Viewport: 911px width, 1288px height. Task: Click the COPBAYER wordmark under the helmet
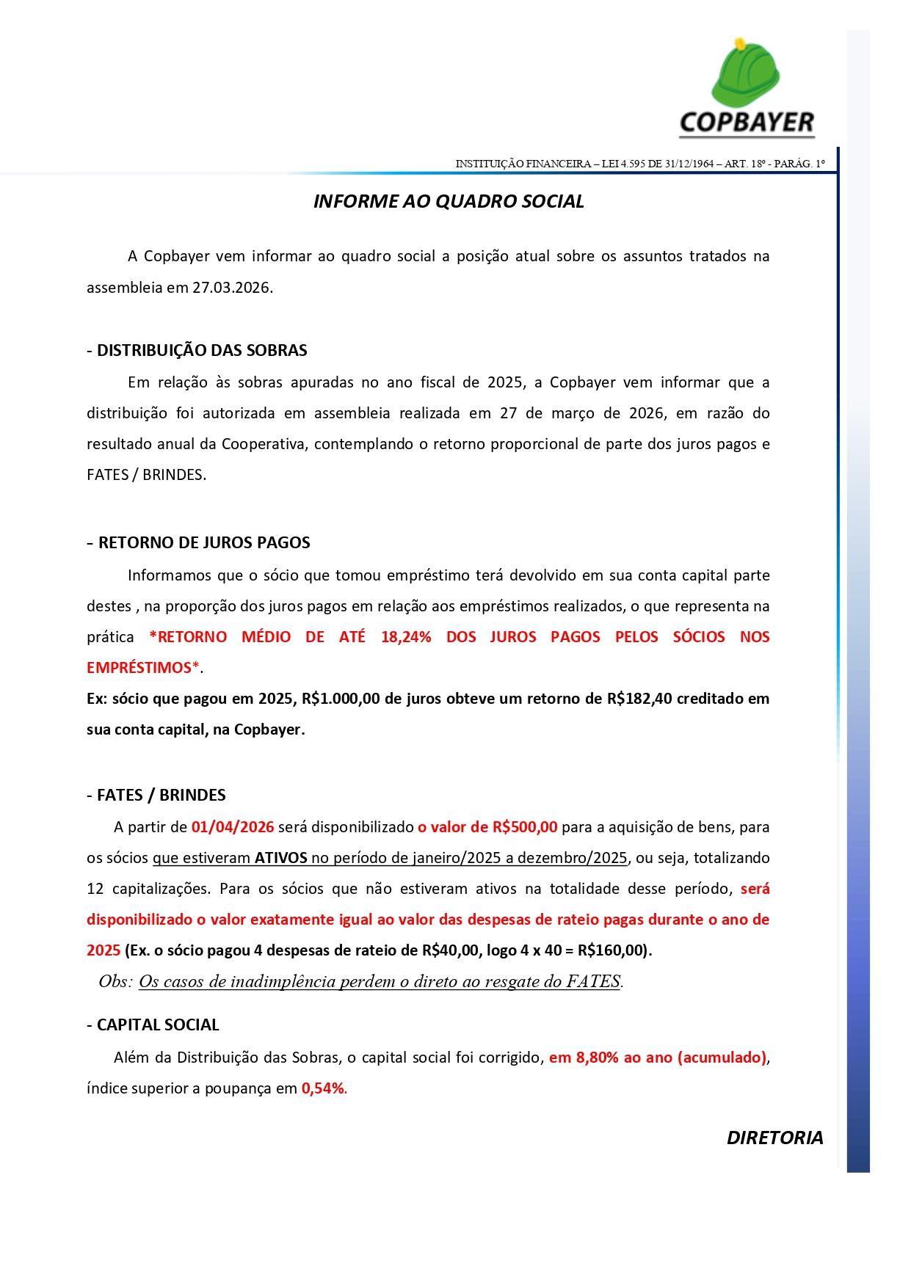click(x=746, y=123)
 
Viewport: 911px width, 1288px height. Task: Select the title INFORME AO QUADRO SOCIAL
click(x=449, y=202)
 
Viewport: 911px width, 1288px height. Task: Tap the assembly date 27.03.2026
click(x=232, y=288)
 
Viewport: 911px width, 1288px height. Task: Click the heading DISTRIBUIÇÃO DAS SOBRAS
click(x=202, y=350)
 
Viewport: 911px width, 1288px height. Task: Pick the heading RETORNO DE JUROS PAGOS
click(x=204, y=543)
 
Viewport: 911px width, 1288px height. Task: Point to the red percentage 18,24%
click(x=406, y=637)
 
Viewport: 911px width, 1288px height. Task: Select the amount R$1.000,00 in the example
click(x=340, y=699)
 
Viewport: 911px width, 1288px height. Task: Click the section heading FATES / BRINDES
click(x=161, y=796)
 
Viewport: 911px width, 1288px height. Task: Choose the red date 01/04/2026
click(x=233, y=827)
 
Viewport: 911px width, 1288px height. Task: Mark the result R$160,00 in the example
click(x=612, y=950)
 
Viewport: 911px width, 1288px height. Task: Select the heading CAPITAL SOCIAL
click(x=158, y=1025)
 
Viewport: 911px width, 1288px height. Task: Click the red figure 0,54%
click(x=323, y=1088)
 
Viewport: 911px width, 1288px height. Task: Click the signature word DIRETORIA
click(x=774, y=1138)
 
